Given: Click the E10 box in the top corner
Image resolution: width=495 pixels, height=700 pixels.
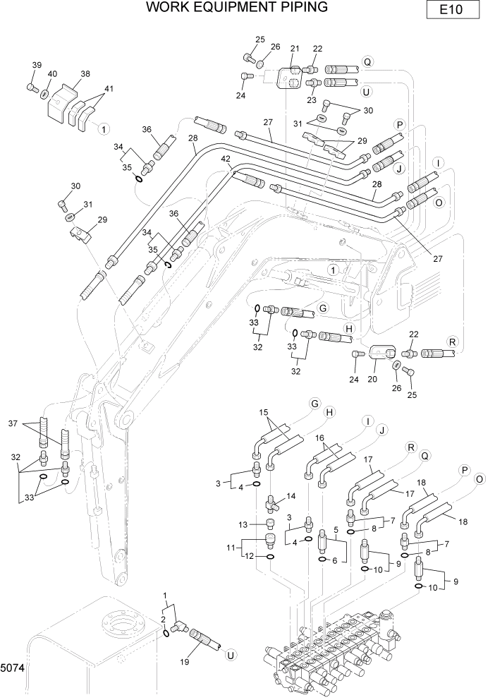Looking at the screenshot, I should (453, 11).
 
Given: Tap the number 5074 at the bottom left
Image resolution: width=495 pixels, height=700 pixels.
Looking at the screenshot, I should (13, 666).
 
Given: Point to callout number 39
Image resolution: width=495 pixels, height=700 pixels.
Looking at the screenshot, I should (37, 66).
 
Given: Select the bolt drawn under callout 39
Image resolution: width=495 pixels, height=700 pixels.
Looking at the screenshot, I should (31, 87).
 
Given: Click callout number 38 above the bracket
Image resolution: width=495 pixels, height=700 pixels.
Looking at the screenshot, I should (85, 73).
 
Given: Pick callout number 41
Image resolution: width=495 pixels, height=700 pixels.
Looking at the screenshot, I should (108, 89).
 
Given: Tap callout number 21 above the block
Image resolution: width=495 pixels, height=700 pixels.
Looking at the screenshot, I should (294, 49).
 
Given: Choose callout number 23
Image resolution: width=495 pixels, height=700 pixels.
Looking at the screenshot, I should (311, 100).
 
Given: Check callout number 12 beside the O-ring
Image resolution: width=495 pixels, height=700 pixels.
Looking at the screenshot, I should (248, 557).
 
